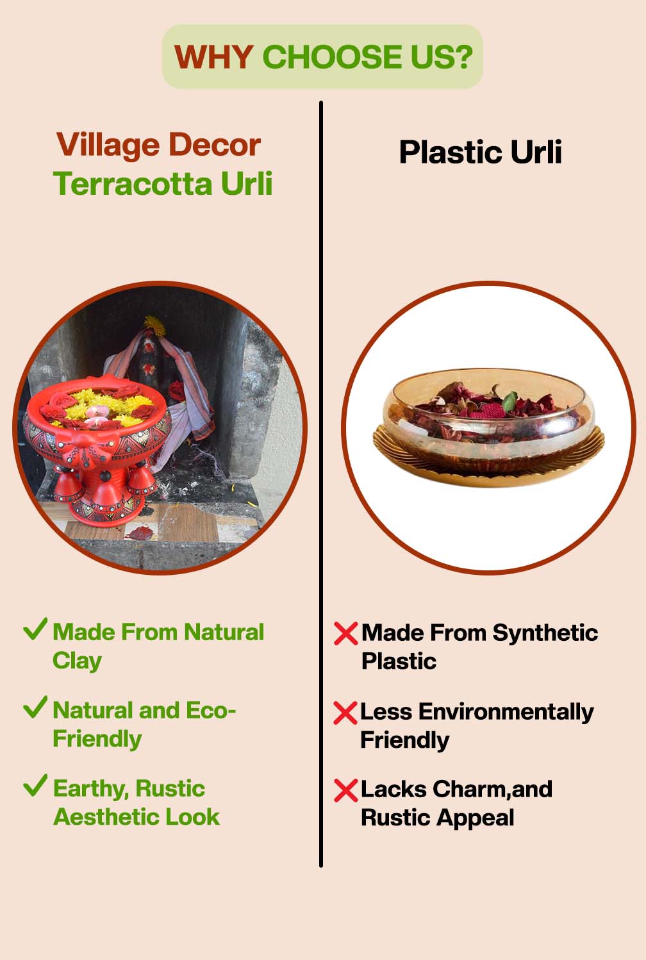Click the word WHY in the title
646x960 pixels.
click(x=213, y=57)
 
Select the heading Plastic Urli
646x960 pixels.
click(x=480, y=153)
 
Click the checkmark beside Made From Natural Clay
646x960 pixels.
click(x=35, y=629)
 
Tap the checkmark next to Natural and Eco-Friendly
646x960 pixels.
click(x=35, y=708)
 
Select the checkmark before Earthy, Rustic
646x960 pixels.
click(x=35, y=785)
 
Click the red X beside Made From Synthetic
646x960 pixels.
click(x=345, y=634)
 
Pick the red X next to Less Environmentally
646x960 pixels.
click(x=345, y=713)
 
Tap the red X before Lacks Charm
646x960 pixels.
click(x=345, y=790)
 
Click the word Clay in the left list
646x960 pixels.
click(x=77, y=661)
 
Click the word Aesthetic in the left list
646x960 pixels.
click(x=106, y=817)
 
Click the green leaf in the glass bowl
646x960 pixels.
click(x=509, y=402)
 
